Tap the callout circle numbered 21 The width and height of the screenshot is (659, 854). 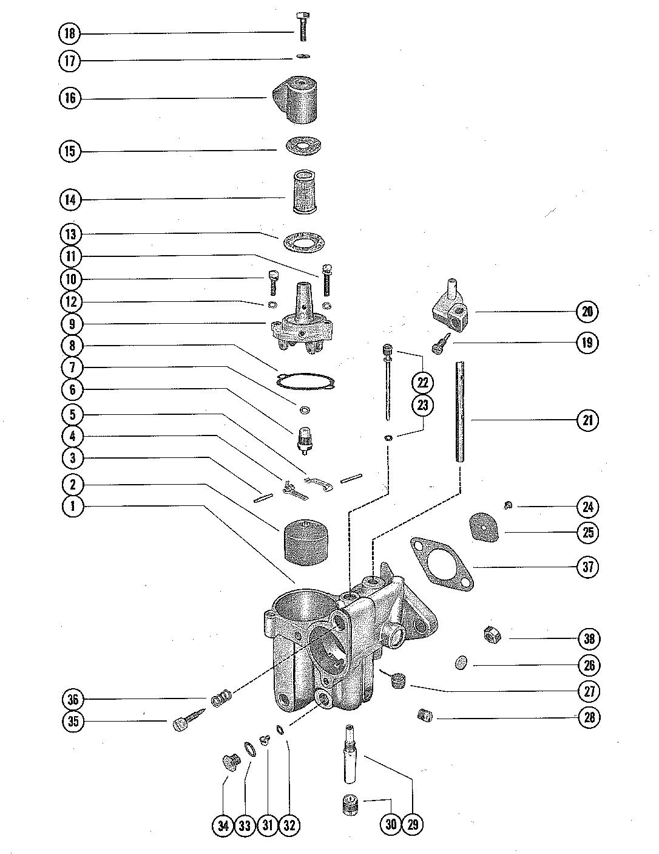pos(587,420)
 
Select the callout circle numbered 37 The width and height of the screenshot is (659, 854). pos(587,567)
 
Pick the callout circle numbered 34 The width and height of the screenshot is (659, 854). pos(224,825)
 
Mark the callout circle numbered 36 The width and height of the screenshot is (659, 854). pos(73,700)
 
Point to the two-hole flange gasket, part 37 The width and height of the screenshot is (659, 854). pos(439,561)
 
